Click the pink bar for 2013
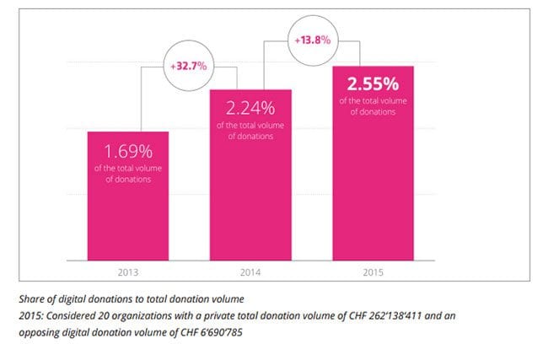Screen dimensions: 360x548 pos(128,198)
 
